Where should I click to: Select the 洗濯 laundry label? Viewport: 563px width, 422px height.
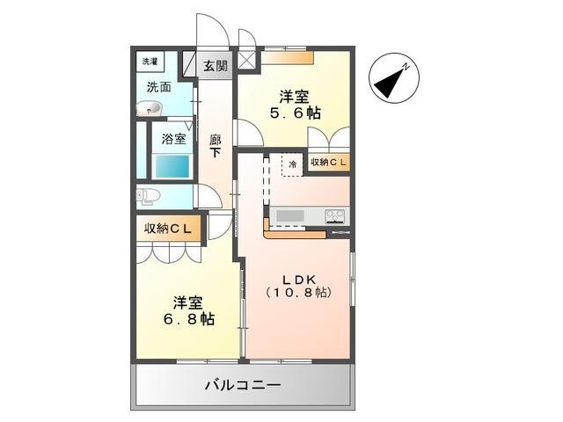[x=150, y=62]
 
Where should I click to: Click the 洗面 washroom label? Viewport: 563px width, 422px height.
[x=158, y=87]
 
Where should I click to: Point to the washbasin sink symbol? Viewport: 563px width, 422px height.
[x=150, y=108]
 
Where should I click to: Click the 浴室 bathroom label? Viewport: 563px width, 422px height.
[x=173, y=138]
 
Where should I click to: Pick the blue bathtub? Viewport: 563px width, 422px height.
[x=172, y=165]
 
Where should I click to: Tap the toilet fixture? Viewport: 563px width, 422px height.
[x=149, y=195]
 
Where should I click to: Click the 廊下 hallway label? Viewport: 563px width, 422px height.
[x=216, y=145]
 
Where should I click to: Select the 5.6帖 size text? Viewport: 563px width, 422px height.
[x=295, y=113]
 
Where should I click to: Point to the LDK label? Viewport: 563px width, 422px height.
[x=298, y=276]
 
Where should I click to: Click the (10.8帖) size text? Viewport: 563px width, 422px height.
[x=298, y=292]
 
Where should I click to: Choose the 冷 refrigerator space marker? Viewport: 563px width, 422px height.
[x=290, y=164]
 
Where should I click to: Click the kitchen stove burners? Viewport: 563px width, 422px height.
[x=335, y=216]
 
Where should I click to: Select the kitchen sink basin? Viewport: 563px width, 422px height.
[x=289, y=216]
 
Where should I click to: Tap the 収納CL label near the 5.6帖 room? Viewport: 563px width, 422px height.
[x=328, y=164]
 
